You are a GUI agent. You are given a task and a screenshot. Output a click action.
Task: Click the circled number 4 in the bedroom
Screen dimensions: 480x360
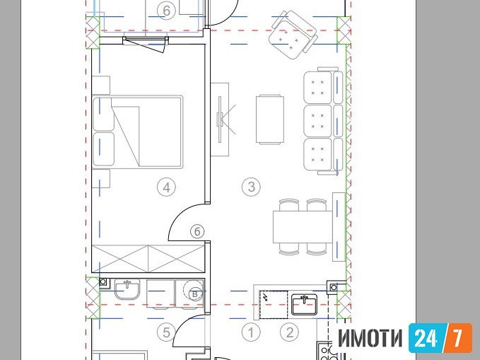(166, 187)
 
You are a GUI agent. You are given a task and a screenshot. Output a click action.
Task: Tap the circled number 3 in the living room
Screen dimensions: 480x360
(251, 187)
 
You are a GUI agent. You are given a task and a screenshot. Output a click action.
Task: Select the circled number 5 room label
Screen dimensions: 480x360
(166, 332)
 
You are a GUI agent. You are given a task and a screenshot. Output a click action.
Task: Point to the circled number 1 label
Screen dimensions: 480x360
(251, 332)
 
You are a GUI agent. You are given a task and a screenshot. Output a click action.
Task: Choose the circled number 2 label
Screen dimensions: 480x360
(290, 332)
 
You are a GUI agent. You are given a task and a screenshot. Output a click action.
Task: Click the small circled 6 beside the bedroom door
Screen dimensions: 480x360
(197, 231)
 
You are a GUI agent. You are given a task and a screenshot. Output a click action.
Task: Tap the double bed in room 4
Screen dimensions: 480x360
(137, 132)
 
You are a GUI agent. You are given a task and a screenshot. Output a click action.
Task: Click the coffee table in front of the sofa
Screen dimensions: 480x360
(270, 120)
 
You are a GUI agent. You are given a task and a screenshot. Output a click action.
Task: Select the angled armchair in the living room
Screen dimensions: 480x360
(293, 35)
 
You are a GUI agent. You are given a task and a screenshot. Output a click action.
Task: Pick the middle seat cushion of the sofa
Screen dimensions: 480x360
(317, 121)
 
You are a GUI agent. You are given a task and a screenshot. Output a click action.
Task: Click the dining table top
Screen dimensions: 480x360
(303, 227)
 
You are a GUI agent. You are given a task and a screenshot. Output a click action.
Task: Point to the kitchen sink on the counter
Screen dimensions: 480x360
(304, 304)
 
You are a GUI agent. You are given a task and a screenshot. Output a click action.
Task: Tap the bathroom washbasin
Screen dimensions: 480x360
(127, 289)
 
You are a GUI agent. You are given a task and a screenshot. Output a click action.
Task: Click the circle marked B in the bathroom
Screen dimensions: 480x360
(194, 294)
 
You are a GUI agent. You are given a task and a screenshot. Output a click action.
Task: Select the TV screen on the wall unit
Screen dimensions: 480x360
(220, 120)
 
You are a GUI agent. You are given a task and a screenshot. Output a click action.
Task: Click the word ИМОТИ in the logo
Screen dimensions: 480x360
(370, 338)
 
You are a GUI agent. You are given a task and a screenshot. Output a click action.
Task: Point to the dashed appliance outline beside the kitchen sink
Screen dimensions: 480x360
(274, 305)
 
